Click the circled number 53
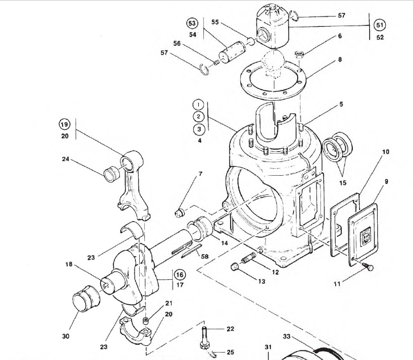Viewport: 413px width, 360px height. click(192, 23)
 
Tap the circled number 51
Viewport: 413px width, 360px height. click(379, 24)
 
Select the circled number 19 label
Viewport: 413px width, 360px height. click(64, 125)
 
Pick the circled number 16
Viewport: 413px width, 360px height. click(180, 275)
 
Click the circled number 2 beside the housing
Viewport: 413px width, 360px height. click(198, 117)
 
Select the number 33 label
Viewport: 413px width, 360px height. click(286, 337)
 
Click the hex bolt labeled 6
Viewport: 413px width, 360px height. click(300, 55)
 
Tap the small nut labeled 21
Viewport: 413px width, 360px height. click(147, 322)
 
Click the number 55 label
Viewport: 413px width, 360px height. click(215, 22)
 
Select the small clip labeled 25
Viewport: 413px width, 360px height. click(212, 355)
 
